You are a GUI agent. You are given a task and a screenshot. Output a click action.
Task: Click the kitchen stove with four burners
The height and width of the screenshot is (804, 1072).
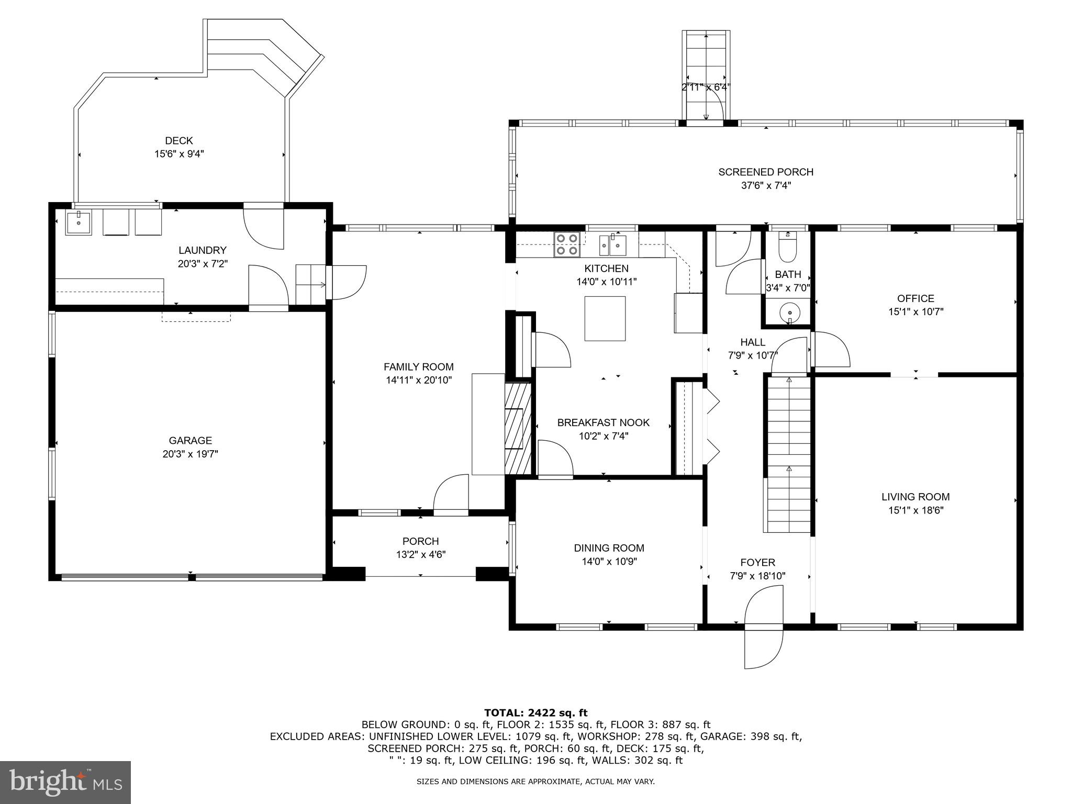pyautogui.click(x=567, y=244)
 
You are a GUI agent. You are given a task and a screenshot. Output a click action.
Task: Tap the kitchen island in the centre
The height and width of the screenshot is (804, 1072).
pyautogui.click(x=605, y=318)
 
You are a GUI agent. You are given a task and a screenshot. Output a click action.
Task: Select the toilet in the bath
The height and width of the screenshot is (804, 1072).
pyautogui.click(x=787, y=249)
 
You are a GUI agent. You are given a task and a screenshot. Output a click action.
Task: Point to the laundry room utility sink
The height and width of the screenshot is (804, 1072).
pyautogui.click(x=79, y=222)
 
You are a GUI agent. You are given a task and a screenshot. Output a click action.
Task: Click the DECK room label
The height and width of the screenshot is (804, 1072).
pyautogui.click(x=179, y=141)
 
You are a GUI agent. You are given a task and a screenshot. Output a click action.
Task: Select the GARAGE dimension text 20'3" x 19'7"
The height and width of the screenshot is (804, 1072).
pyautogui.click(x=191, y=454)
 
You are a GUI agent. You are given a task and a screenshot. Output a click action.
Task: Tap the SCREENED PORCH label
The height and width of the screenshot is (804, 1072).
pyautogui.click(x=765, y=172)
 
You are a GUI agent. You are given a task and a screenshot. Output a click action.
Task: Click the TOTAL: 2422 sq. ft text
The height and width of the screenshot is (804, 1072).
pyautogui.click(x=535, y=712)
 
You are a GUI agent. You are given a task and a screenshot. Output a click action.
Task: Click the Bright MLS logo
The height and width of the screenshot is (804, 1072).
pyautogui.click(x=65, y=782)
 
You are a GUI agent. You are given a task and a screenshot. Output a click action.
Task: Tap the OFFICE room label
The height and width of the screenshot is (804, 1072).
pyautogui.click(x=915, y=298)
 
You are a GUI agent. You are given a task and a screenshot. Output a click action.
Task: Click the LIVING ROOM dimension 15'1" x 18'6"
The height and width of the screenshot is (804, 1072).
pyautogui.click(x=915, y=510)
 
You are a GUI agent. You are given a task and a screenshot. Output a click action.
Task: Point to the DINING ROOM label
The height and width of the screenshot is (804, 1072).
pyautogui.click(x=609, y=548)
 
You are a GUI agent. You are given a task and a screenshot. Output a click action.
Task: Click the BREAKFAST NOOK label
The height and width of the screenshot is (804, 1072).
pyautogui.click(x=603, y=422)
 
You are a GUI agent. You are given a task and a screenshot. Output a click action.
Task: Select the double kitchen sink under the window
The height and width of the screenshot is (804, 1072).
pyautogui.click(x=612, y=243)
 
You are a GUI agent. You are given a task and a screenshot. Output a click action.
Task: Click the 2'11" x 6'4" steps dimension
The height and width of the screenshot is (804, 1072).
pyautogui.click(x=706, y=87)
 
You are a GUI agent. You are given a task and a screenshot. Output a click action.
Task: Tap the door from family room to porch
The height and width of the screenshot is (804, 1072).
pyautogui.click(x=451, y=495)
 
